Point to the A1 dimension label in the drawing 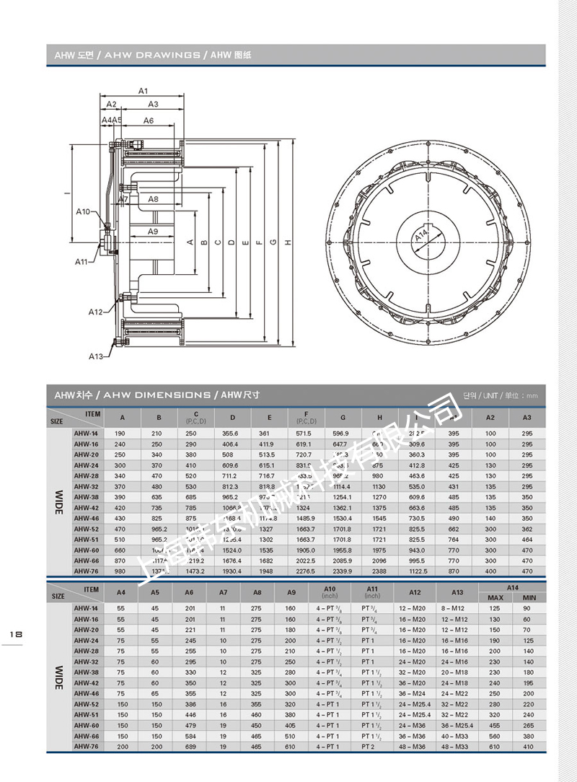143,92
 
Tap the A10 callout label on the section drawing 84,212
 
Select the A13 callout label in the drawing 97,356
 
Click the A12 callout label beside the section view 97,312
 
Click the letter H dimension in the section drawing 288,243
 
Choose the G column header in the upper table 343,418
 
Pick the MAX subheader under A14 495,597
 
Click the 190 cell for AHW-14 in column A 122,434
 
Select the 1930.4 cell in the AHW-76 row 232,571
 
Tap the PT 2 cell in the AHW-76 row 368,747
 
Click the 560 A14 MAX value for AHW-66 495,736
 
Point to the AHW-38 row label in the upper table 87,497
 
